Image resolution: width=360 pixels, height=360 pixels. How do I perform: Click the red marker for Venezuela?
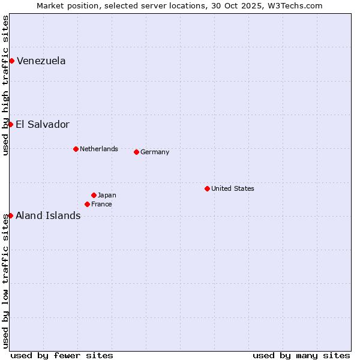(x=11, y=61)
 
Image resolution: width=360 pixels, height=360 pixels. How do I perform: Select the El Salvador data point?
(x=10, y=124)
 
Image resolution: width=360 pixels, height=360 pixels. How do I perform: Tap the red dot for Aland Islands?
(x=10, y=215)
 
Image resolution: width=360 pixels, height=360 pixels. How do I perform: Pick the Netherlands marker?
(x=76, y=149)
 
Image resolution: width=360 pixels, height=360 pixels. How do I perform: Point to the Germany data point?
(x=136, y=152)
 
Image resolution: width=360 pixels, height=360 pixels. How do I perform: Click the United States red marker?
(x=207, y=188)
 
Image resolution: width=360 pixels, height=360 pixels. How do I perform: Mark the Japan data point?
(x=94, y=195)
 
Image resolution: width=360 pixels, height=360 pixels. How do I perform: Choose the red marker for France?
(x=87, y=204)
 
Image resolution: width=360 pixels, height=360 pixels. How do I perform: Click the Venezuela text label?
(x=41, y=61)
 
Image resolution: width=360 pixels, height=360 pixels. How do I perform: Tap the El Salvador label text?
(x=43, y=124)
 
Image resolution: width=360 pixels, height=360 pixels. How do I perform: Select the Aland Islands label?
(x=48, y=215)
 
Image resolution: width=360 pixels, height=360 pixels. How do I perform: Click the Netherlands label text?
(x=99, y=149)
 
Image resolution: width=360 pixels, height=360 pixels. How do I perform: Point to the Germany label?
(x=155, y=152)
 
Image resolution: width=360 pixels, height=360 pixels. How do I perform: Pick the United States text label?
(x=233, y=188)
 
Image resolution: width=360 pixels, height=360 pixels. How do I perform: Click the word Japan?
(x=107, y=195)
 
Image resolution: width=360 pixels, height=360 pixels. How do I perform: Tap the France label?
(x=101, y=204)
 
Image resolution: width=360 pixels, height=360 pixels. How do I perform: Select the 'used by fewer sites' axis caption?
(x=62, y=355)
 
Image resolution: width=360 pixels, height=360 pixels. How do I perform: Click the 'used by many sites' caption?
(x=301, y=355)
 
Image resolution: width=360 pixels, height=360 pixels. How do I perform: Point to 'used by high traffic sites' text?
(x=5, y=85)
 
